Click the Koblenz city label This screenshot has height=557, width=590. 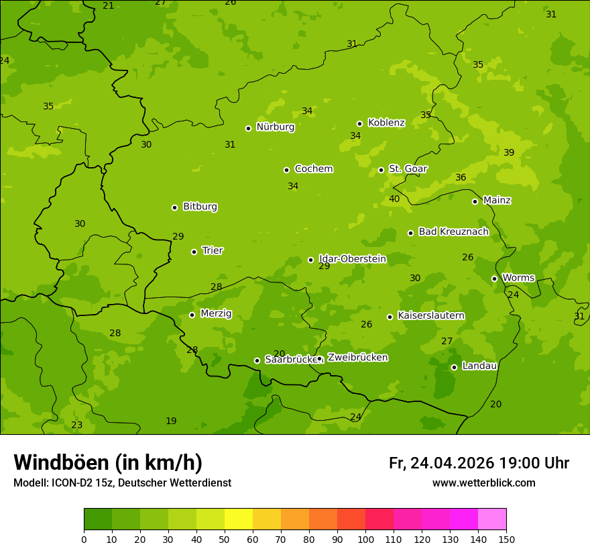tap(386, 123)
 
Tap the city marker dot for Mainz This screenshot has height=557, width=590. tap(475, 201)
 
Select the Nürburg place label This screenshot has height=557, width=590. tap(275, 127)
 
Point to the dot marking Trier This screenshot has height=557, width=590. tap(194, 252)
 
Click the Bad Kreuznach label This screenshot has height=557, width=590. tap(453, 232)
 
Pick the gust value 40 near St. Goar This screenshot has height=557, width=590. tap(394, 199)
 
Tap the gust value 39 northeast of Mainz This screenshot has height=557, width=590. tap(509, 152)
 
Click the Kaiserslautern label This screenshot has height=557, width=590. tap(430, 315)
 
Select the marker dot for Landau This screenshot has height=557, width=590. tap(454, 367)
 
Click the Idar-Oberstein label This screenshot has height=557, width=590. tap(352, 258)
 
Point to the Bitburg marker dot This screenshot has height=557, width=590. tap(174, 207)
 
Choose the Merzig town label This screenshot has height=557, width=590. tap(216, 313)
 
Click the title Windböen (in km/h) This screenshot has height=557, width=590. tap(108, 462)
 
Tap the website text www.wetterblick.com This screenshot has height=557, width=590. tap(483, 483)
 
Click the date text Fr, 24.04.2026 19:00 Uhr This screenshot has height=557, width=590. tap(479, 463)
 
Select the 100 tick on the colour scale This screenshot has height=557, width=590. tap(365, 539)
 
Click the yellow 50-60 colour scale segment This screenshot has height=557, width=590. tap(239, 519)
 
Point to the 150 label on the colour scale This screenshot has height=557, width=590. tap(506, 539)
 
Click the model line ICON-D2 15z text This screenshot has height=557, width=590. tap(122, 483)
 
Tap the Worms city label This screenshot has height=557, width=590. tap(518, 278)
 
